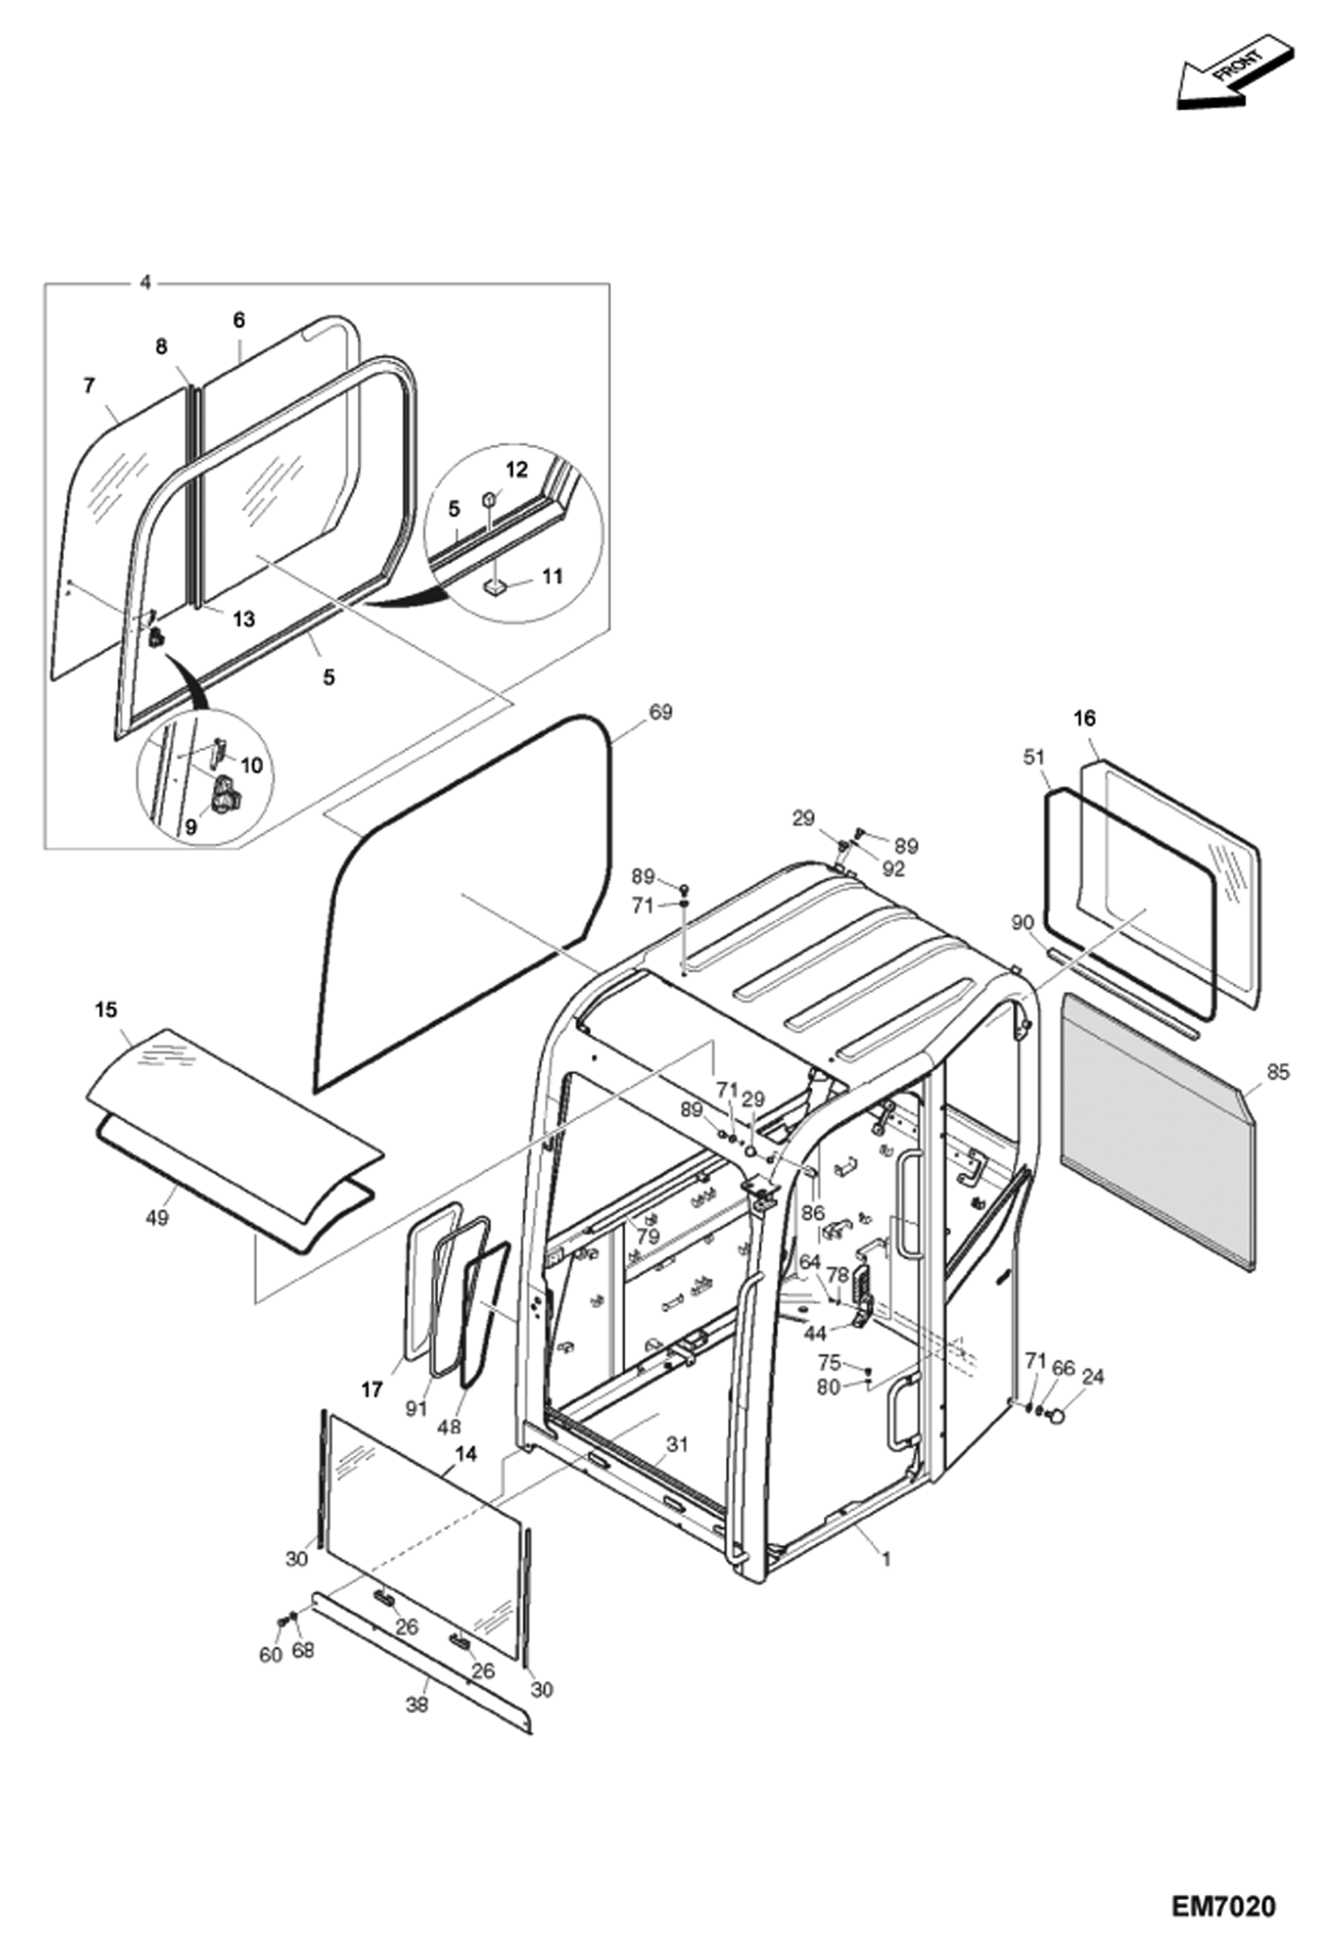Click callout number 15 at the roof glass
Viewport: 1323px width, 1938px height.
pos(106,1010)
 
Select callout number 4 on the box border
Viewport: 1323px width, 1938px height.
pos(146,283)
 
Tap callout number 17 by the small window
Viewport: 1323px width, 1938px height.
pos(372,1389)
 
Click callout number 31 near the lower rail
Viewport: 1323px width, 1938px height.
pos(677,1444)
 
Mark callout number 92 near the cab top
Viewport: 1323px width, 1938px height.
pos(893,868)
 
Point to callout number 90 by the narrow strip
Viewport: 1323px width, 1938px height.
pos(1022,922)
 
